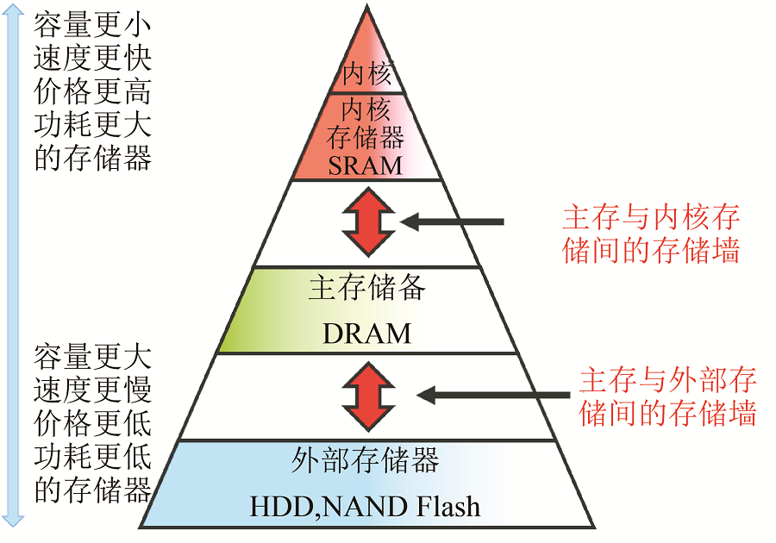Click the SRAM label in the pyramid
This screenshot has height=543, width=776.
pos(366,165)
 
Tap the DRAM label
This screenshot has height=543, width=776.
pos(367,334)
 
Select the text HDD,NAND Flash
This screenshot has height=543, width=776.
pos(365,506)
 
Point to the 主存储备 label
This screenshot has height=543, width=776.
pos(367,289)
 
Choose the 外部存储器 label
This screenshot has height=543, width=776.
pos(366,461)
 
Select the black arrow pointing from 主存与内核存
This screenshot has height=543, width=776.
pos(452,222)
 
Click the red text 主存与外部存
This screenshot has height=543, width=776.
pos(667,380)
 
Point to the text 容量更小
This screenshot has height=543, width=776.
pos(93,26)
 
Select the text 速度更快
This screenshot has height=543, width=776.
pos(93,59)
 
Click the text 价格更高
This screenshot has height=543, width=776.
pos(93,91)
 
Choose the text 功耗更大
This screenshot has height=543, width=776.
pos(93,125)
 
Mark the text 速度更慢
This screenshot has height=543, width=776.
pos(93,390)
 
